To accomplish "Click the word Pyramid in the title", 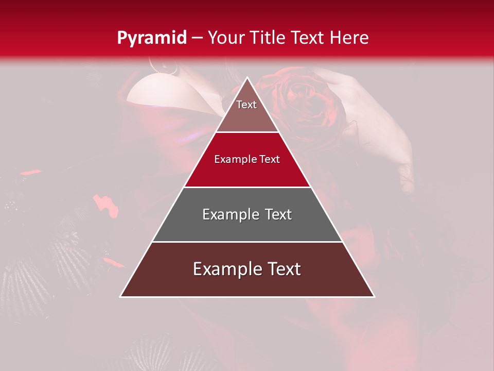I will pyautogui.click(x=151, y=38).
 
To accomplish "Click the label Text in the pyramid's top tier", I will pyautogui.click(x=246, y=105).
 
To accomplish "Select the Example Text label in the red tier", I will pyautogui.click(x=247, y=159).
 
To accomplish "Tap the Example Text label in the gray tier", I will pyautogui.click(x=247, y=214).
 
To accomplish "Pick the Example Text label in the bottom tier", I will pyautogui.click(x=247, y=269).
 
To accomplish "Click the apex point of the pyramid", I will pyautogui.click(x=247, y=78).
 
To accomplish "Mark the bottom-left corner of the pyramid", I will pyautogui.click(x=120, y=296).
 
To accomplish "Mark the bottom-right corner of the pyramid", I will pyautogui.click(x=374, y=296).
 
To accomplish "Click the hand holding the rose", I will pyautogui.click(x=370, y=103).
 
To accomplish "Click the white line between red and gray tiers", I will pyautogui.click(x=247, y=187).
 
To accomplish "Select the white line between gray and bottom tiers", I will pyautogui.click(x=247, y=242).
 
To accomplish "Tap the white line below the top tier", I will pyautogui.click(x=247, y=132).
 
